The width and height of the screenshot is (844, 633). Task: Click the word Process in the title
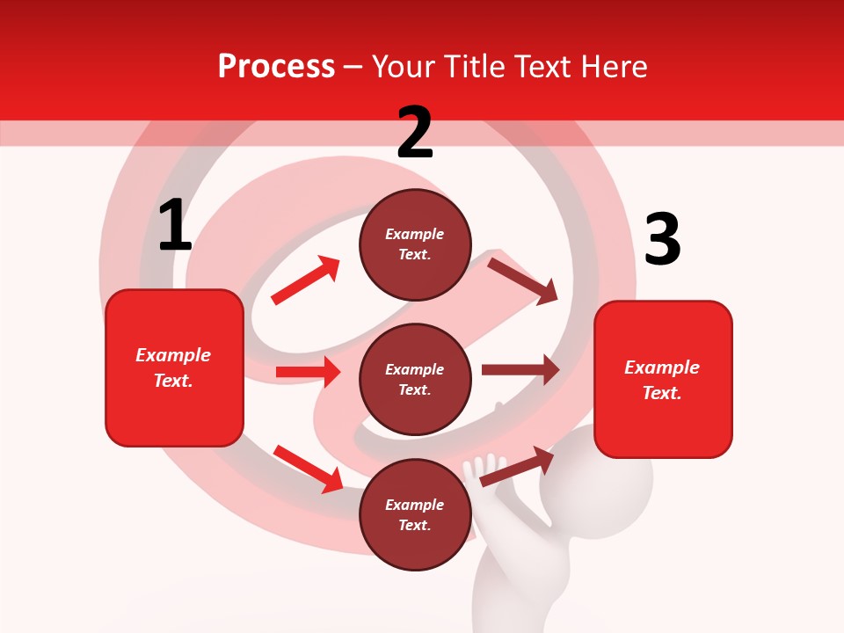276,67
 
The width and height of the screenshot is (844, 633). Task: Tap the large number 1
175,226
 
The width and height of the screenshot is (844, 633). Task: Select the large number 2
415,133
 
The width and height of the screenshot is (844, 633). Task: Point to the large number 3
662,239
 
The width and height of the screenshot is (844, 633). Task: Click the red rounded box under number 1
174,367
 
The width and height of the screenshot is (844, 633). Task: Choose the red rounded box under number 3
663,380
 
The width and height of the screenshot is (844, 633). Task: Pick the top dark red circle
415,244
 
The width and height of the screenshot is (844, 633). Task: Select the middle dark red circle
415,379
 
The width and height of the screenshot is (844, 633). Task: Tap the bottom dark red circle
415,514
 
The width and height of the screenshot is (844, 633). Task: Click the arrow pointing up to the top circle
306,280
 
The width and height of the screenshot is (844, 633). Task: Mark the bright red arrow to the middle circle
308,372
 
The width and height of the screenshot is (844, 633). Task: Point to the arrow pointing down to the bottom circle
308,468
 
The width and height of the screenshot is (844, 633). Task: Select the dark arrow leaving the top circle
523,280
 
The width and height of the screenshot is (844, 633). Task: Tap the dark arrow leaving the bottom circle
517,466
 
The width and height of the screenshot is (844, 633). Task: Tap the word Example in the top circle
415,234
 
